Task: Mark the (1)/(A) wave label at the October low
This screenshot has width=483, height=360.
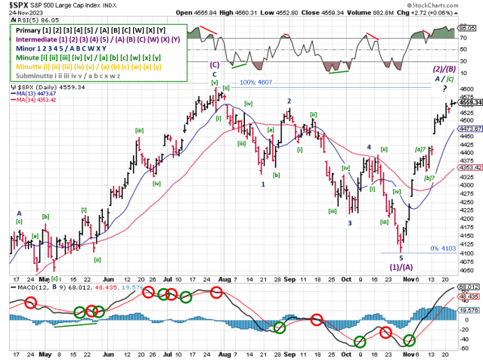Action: pos(401,267)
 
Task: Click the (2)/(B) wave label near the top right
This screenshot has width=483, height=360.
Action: pos(443,68)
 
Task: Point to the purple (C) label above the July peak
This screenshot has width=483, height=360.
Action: pos(215,65)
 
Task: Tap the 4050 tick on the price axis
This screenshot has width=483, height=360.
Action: pos(469,270)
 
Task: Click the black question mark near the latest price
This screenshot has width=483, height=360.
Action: pos(444,88)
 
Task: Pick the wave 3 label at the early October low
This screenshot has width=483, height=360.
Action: pos(349,223)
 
